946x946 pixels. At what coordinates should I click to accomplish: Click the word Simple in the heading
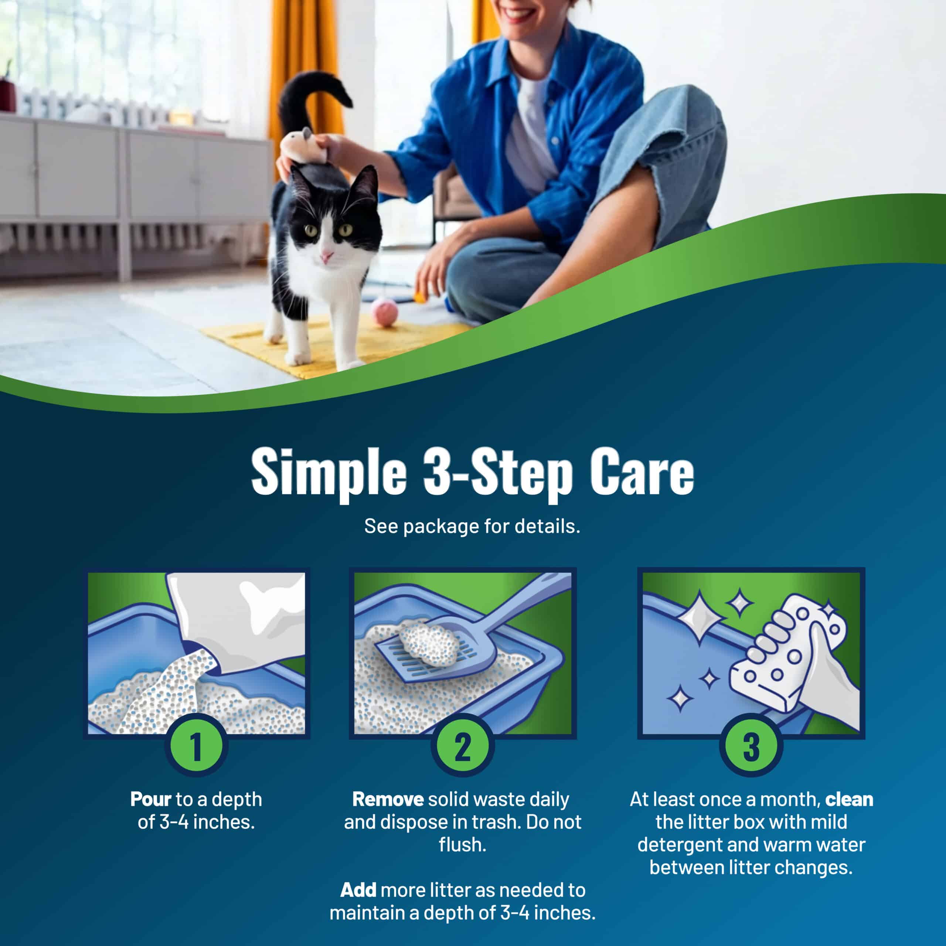tap(329, 473)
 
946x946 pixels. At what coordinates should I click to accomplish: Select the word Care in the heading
tap(642, 472)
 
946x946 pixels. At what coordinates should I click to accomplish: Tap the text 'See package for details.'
tap(472, 526)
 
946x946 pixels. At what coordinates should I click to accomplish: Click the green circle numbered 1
tap(196, 746)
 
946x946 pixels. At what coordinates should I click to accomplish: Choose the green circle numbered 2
tap(462, 746)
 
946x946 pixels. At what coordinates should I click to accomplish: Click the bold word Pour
tap(151, 800)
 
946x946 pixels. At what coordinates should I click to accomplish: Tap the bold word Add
tap(358, 890)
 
